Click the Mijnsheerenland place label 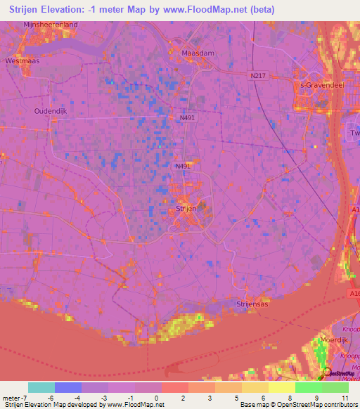click(50, 25)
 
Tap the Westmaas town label click(21, 61)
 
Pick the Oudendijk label click(50, 111)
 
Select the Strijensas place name click(253, 303)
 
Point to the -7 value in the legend click(25, 397)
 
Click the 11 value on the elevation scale click(345, 397)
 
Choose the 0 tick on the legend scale click(156, 397)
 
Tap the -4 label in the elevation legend click(77, 397)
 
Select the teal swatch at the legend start click(41, 387)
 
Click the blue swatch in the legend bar click(68, 387)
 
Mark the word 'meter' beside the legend click(11, 397)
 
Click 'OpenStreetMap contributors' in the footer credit click(322, 405)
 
